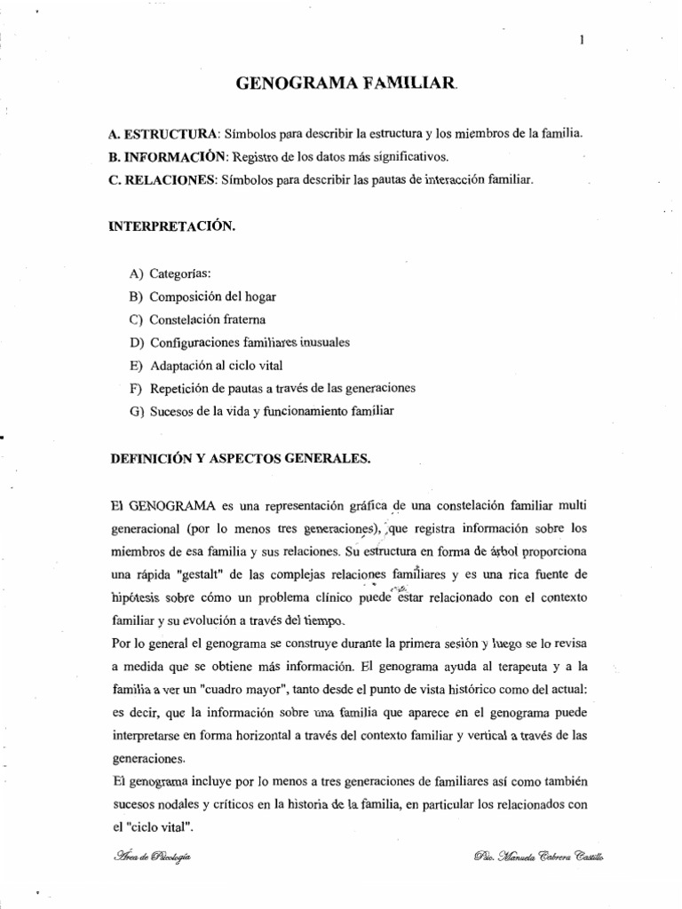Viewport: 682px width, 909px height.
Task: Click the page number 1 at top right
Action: [x=580, y=39]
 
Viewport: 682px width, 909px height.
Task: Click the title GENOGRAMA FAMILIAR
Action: [x=346, y=84]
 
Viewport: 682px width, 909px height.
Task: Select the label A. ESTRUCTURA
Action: [x=162, y=133]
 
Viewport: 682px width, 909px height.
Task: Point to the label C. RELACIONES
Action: [x=163, y=180]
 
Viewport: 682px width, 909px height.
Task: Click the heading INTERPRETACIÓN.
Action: [x=171, y=226]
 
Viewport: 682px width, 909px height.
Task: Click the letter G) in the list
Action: [x=136, y=411]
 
